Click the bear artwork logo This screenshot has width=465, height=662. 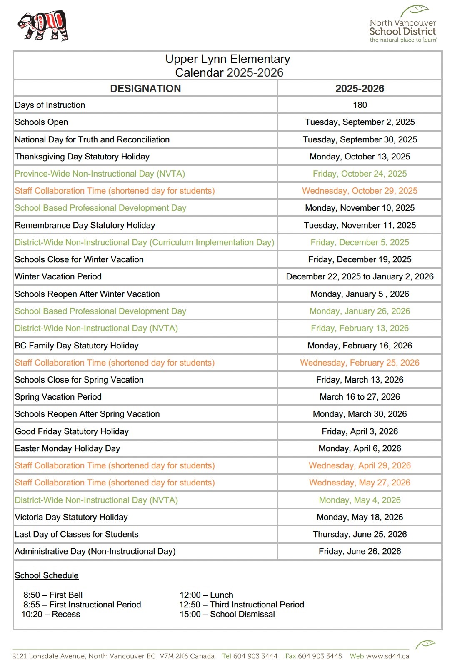pyautogui.click(x=43, y=25)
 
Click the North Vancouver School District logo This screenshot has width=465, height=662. pyautogui.click(x=403, y=25)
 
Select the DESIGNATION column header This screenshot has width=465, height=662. pyautogui.click(x=145, y=88)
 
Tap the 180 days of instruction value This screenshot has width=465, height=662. pyautogui.click(x=360, y=105)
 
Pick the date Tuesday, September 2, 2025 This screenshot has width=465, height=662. pyautogui.click(x=360, y=122)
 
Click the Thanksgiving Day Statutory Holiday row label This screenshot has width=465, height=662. pyautogui.click(x=82, y=157)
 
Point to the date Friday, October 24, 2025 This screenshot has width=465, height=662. pyautogui.click(x=360, y=174)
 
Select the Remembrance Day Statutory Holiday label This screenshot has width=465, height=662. pyautogui.click(x=85, y=225)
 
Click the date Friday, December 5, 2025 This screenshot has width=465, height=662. pyautogui.click(x=360, y=242)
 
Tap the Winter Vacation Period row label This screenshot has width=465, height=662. pyautogui.click(x=58, y=276)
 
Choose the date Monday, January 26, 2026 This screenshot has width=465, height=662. pyautogui.click(x=360, y=311)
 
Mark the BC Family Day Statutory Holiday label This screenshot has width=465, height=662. pyautogui.click(x=77, y=346)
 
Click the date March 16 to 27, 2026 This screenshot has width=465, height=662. pyautogui.click(x=360, y=397)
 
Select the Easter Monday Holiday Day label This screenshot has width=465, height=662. pyautogui.click(x=67, y=448)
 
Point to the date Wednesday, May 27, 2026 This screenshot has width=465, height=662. pyautogui.click(x=360, y=483)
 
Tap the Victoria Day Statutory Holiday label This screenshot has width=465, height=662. pyautogui.click(x=71, y=517)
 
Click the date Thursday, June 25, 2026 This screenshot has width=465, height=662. pyautogui.click(x=360, y=534)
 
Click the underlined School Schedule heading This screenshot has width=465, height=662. pyautogui.click(x=47, y=575)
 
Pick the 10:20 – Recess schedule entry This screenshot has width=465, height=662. pyautogui.click(x=51, y=614)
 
